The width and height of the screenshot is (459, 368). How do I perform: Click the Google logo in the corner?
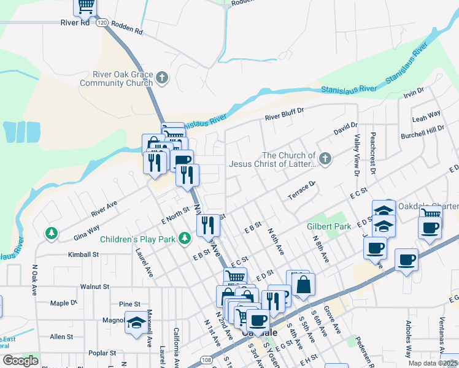(20, 361)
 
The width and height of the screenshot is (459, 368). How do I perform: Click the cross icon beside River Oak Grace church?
(162, 78)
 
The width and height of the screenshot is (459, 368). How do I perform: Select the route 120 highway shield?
(102, 22)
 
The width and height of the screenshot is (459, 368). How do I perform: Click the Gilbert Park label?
(329, 226)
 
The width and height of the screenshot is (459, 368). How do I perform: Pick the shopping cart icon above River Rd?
(85, 6)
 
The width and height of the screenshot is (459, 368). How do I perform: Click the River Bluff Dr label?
(284, 115)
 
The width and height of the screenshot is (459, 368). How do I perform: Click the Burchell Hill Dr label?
(422, 131)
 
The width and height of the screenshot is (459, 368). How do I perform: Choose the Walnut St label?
(94, 286)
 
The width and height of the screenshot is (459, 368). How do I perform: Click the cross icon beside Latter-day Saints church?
(325, 159)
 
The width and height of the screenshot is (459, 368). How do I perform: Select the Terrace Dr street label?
(301, 191)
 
